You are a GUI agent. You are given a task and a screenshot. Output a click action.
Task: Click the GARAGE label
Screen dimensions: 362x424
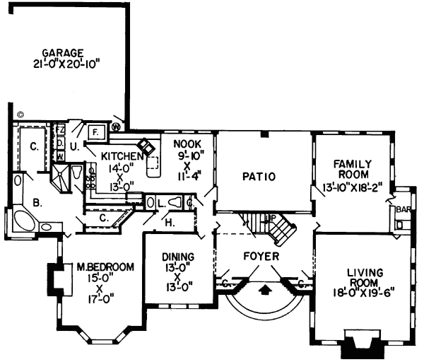[63, 52]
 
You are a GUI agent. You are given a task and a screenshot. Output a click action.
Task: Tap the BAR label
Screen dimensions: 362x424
[404, 209]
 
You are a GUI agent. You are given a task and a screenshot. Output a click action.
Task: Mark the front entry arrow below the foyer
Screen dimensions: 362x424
[265, 288]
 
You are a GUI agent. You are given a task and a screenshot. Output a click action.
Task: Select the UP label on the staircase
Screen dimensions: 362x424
[269, 219]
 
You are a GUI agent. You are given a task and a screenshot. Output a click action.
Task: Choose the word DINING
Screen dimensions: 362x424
[172, 257]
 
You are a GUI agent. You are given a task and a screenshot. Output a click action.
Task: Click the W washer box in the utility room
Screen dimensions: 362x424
[61, 154]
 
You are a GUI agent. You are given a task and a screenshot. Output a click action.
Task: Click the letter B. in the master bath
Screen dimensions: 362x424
[37, 202]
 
